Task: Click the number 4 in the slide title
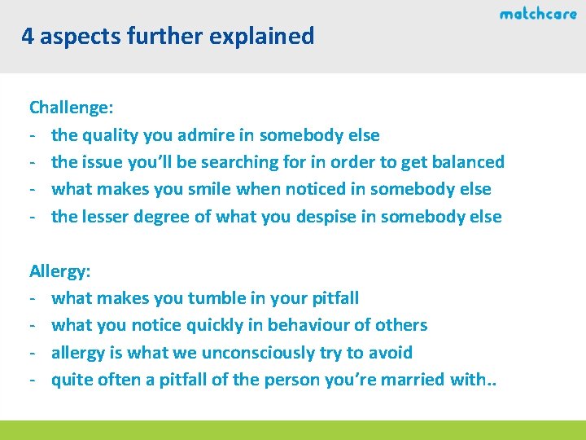coord(28,37)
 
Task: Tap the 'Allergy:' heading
coord(60,271)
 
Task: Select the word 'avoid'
coord(391,352)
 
